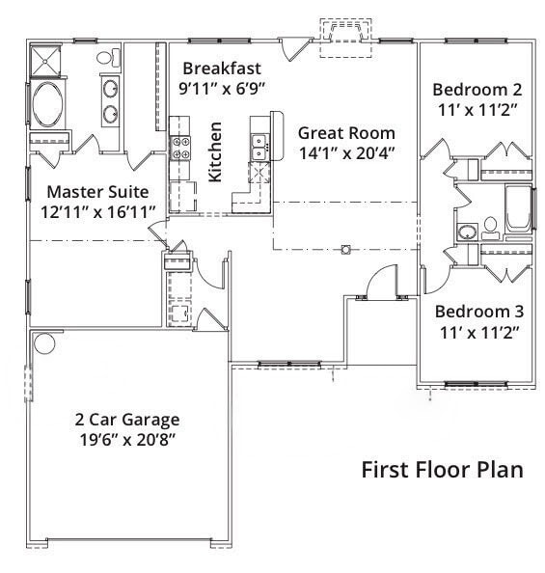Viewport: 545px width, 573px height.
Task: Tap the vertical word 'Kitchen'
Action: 216,152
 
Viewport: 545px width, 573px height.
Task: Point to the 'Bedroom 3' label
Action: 479,312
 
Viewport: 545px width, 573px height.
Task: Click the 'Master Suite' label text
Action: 97,192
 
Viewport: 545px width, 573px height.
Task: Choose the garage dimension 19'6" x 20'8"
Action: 127,439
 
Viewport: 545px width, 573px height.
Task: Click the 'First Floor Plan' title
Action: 442,470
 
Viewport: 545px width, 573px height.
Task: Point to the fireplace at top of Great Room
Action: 343,34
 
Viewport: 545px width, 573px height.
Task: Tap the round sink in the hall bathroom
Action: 466,232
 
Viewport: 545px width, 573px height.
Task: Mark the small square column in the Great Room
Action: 345,250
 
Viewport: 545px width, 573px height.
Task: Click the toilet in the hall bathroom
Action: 490,226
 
